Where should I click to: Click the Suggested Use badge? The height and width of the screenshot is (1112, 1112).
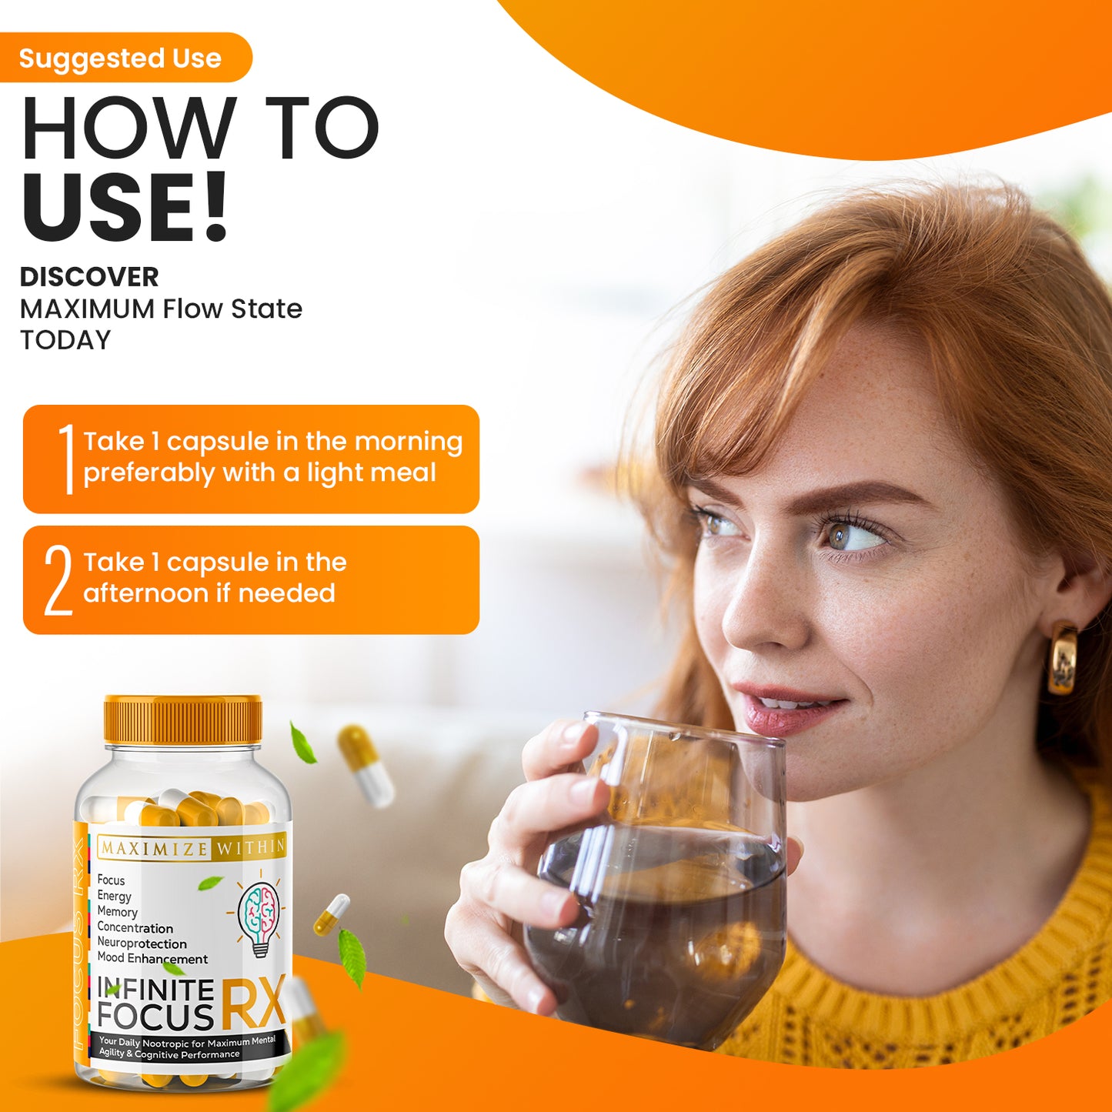point(123,58)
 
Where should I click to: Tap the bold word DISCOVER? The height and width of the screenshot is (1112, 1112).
point(89,277)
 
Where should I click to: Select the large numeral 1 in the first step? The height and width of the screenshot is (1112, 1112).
point(67,459)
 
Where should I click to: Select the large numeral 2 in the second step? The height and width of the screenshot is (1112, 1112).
point(58,580)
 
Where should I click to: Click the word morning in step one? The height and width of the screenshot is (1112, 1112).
point(408,442)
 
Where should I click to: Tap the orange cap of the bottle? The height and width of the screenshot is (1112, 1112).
point(183,720)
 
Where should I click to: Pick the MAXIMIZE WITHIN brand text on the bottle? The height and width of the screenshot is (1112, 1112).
point(192,848)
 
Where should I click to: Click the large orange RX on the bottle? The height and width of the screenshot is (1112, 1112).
point(253,1003)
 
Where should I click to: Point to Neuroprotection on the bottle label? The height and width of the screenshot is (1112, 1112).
point(142,943)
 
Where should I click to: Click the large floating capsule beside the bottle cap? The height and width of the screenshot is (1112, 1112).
point(366,765)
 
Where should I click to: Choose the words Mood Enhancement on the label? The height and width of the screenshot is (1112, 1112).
point(152,959)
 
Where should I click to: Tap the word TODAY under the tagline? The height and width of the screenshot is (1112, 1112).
point(65,340)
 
